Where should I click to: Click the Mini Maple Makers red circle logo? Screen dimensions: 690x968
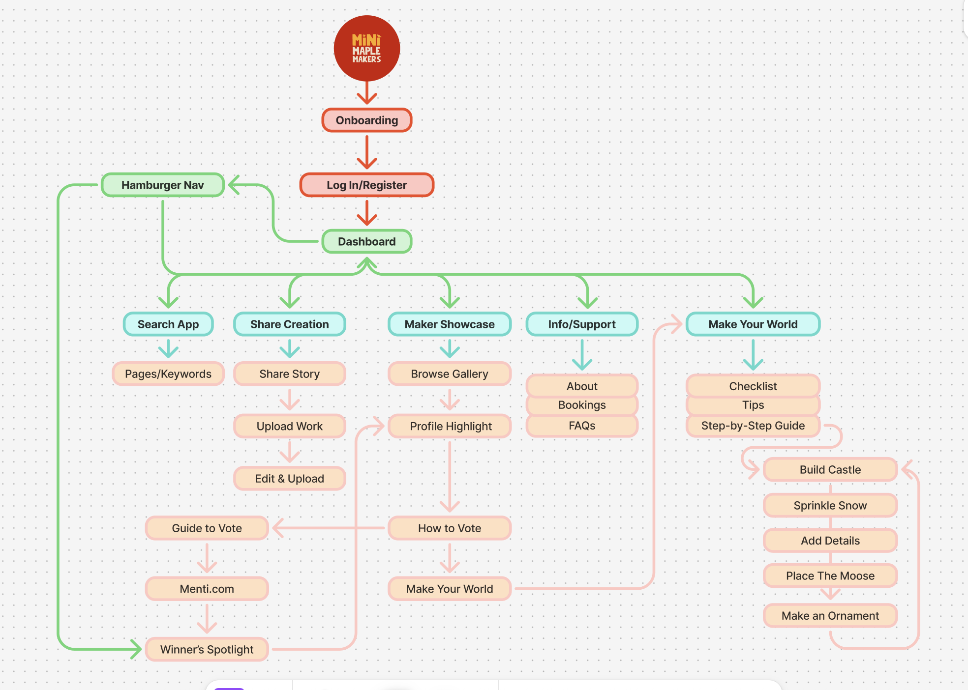366,48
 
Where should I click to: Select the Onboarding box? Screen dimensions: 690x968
366,120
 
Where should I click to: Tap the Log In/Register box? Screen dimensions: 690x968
366,185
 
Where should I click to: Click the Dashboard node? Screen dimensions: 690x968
366,242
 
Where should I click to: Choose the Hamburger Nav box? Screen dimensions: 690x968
163,185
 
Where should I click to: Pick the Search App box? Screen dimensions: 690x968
168,324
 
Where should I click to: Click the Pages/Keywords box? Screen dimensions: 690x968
168,374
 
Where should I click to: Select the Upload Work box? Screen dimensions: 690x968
290,426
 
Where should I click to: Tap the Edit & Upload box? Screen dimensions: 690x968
290,479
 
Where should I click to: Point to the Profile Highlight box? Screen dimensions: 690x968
450,426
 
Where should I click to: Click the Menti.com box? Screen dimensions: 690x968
207,589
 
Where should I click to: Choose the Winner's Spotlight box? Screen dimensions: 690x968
207,650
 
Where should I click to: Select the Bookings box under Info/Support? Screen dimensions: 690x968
582,405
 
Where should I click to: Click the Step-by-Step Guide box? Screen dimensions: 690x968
753,426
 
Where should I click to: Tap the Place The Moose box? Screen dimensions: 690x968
830,576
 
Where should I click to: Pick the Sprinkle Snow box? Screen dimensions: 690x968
830,506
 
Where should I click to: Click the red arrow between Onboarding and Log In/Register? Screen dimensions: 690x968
367,152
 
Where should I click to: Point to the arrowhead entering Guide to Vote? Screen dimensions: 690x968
278,528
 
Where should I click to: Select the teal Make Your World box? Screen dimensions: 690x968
753,324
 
